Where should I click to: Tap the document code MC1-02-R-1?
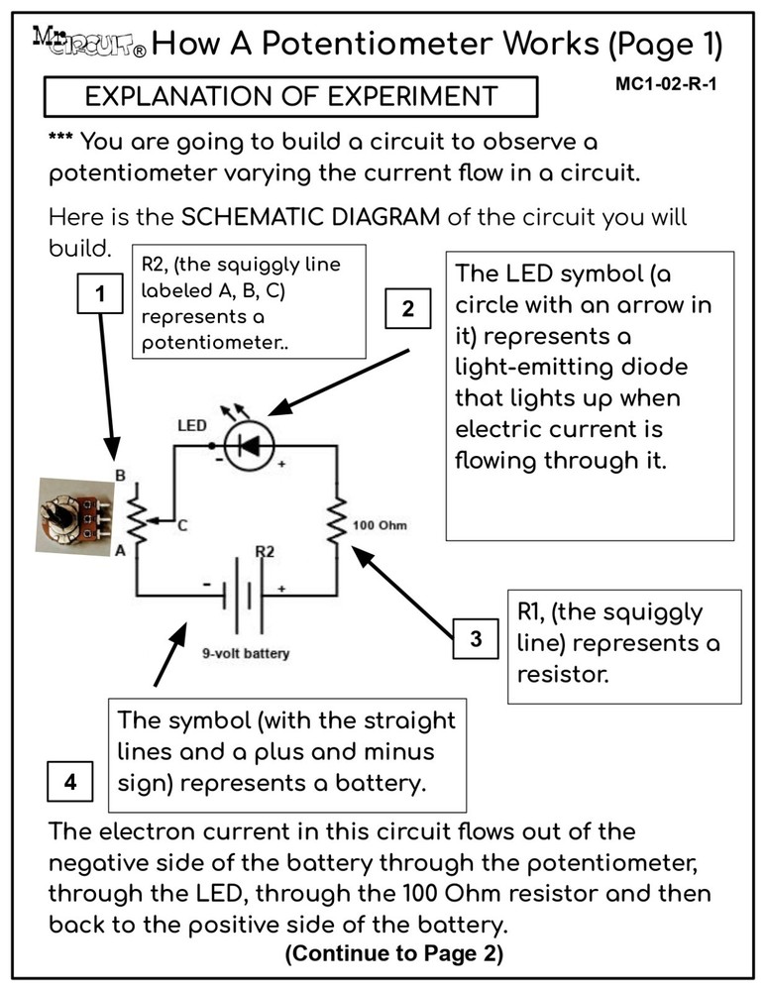(x=665, y=84)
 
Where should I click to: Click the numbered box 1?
(x=99, y=294)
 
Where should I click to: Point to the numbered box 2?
(x=407, y=308)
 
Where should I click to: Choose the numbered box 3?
(x=477, y=639)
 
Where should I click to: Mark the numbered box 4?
(x=70, y=782)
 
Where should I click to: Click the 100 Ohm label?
(x=380, y=525)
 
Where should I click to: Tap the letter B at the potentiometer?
(x=121, y=475)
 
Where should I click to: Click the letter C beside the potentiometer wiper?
(x=181, y=527)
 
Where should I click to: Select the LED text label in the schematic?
(x=191, y=426)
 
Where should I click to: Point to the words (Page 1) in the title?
(x=666, y=44)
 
